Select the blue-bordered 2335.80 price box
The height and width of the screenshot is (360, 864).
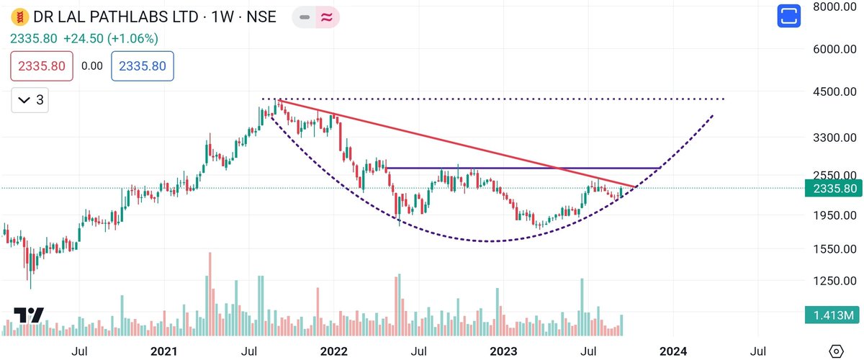coord(142,66)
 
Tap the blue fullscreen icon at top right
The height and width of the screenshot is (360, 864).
coord(789,16)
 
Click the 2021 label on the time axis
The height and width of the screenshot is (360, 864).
coord(165,351)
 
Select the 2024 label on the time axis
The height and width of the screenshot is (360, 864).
coord(672,351)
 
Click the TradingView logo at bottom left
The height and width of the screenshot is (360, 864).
coord(29,315)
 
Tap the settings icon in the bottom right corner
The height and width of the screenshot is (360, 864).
coord(836,351)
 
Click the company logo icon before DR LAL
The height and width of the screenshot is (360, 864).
coord(22,16)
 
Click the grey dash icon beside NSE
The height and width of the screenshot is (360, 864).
coord(304,16)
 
